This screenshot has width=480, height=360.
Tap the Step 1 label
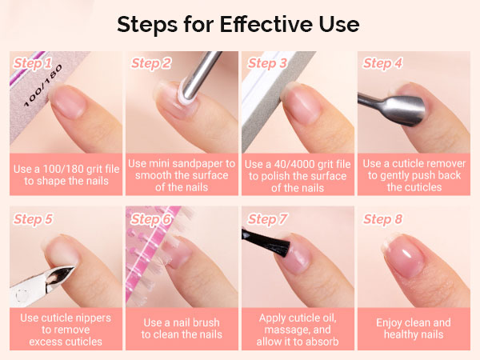pos(33,63)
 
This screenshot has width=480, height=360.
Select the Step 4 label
pos(382,63)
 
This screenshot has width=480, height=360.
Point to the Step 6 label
pos(150,219)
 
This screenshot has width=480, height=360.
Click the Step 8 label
pos(382,219)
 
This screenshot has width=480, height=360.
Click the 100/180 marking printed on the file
pos(43,86)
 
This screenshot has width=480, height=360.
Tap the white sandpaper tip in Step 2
pos(186,92)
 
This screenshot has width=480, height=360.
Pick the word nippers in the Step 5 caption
pos(93,318)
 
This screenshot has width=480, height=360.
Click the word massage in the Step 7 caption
pos(287,330)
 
